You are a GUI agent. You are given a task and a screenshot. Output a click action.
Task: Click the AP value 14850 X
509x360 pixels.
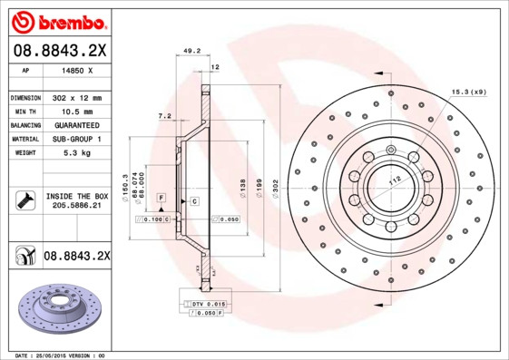[x=78, y=70]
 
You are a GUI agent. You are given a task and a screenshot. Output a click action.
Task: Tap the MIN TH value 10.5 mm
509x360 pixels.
[x=79, y=111]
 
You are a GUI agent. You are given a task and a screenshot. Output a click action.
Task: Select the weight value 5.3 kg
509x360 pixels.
[x=78, y=153]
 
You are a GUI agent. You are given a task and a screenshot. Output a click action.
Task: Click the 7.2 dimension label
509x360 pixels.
[x=163, y=116]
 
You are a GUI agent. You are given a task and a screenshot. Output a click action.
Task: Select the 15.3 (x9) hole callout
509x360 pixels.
[x=468, y=91]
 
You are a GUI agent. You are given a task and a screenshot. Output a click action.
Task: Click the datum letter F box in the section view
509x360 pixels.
[x=161, y=197]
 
